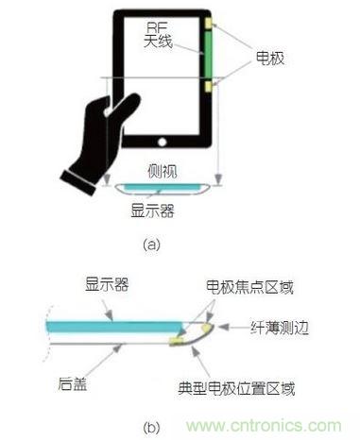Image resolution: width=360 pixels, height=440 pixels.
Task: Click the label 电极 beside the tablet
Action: tap(267, 58)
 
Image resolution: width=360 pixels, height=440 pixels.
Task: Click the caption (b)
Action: tap(150, 428)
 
